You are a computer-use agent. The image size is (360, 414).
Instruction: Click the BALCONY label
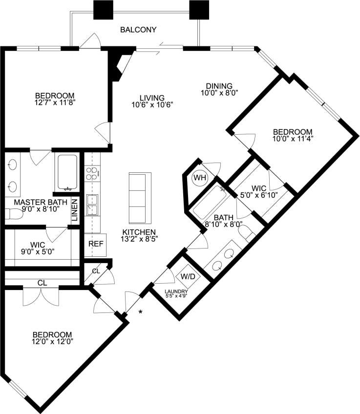[x=138, y=30]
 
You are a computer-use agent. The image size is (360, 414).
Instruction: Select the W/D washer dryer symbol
[x=188, y=276]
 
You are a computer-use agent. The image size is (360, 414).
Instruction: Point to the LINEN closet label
[x=75, y=210]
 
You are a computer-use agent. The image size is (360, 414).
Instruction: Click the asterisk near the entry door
[x=141, y=312]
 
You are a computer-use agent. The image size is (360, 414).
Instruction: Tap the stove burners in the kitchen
[x=92, y=171]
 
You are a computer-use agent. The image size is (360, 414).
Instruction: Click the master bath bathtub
[x=67, y=172]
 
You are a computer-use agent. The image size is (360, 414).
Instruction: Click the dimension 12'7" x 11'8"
[x=54, y=103]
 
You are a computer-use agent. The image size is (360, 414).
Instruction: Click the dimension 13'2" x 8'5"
[x=139, y=240]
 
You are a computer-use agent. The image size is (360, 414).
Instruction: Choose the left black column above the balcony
[x=103, y=9]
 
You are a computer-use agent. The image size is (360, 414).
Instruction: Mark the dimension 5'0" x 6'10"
[x=258, y=196]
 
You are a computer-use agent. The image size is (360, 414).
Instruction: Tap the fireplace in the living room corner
[x=119, y=63]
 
